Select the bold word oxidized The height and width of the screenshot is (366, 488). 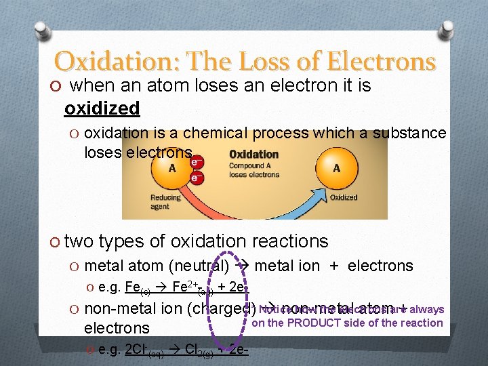coord(102,108)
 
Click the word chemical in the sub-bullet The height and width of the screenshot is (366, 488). coord(216,133)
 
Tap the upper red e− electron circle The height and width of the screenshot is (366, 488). coord(195,163)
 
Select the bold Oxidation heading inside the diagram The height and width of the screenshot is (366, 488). coord(254,154)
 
